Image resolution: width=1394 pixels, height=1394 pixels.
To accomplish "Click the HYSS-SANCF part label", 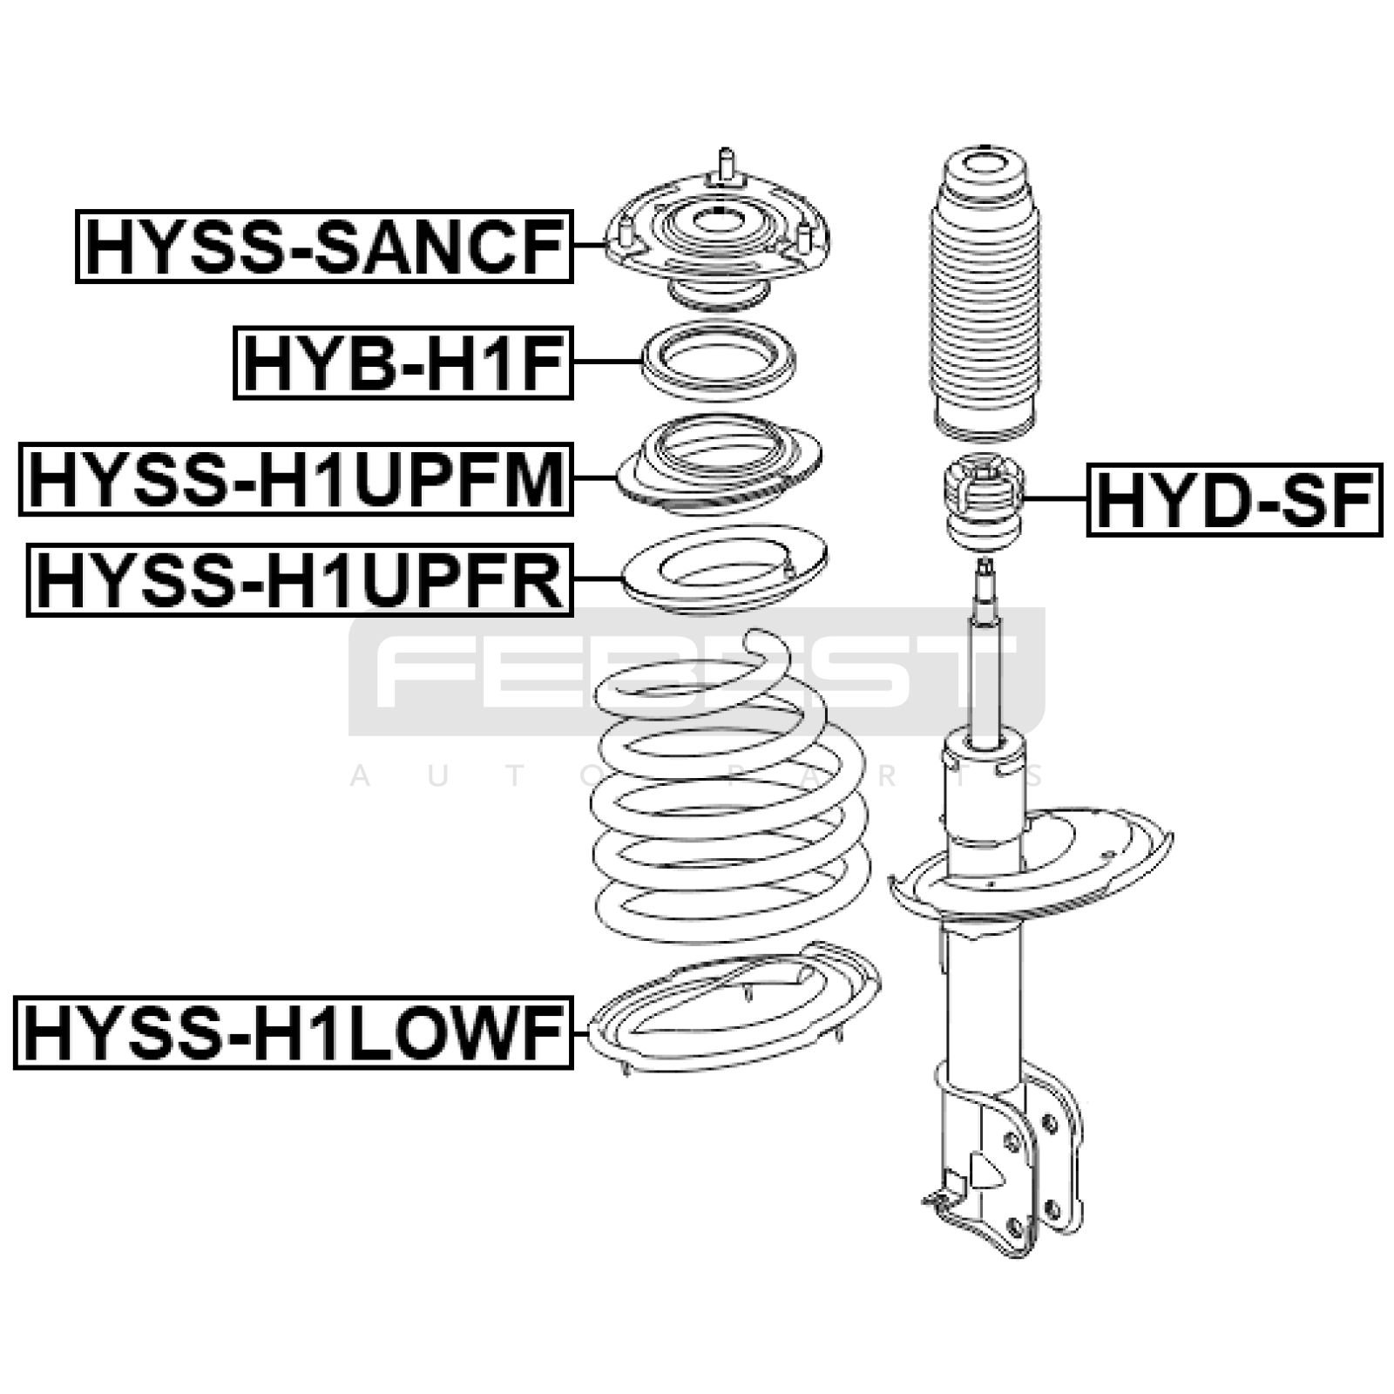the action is pos(324,247).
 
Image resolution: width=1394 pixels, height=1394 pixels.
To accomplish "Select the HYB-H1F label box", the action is pos(403,362).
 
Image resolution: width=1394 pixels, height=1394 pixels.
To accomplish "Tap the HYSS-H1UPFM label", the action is pos(296,479).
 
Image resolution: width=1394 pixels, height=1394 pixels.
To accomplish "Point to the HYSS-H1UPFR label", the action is pos(300,580).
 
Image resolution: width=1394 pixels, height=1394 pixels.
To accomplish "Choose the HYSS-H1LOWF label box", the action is pos(294,1032).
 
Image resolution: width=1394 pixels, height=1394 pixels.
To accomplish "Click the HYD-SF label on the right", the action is pos(1235,499).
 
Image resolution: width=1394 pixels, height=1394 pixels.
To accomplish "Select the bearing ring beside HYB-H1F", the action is pos(719,361).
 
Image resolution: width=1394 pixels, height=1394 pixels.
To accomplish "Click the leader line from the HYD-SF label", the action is pos(1056,499).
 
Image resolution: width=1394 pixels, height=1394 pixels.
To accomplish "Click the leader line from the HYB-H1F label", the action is pos(607,362).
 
